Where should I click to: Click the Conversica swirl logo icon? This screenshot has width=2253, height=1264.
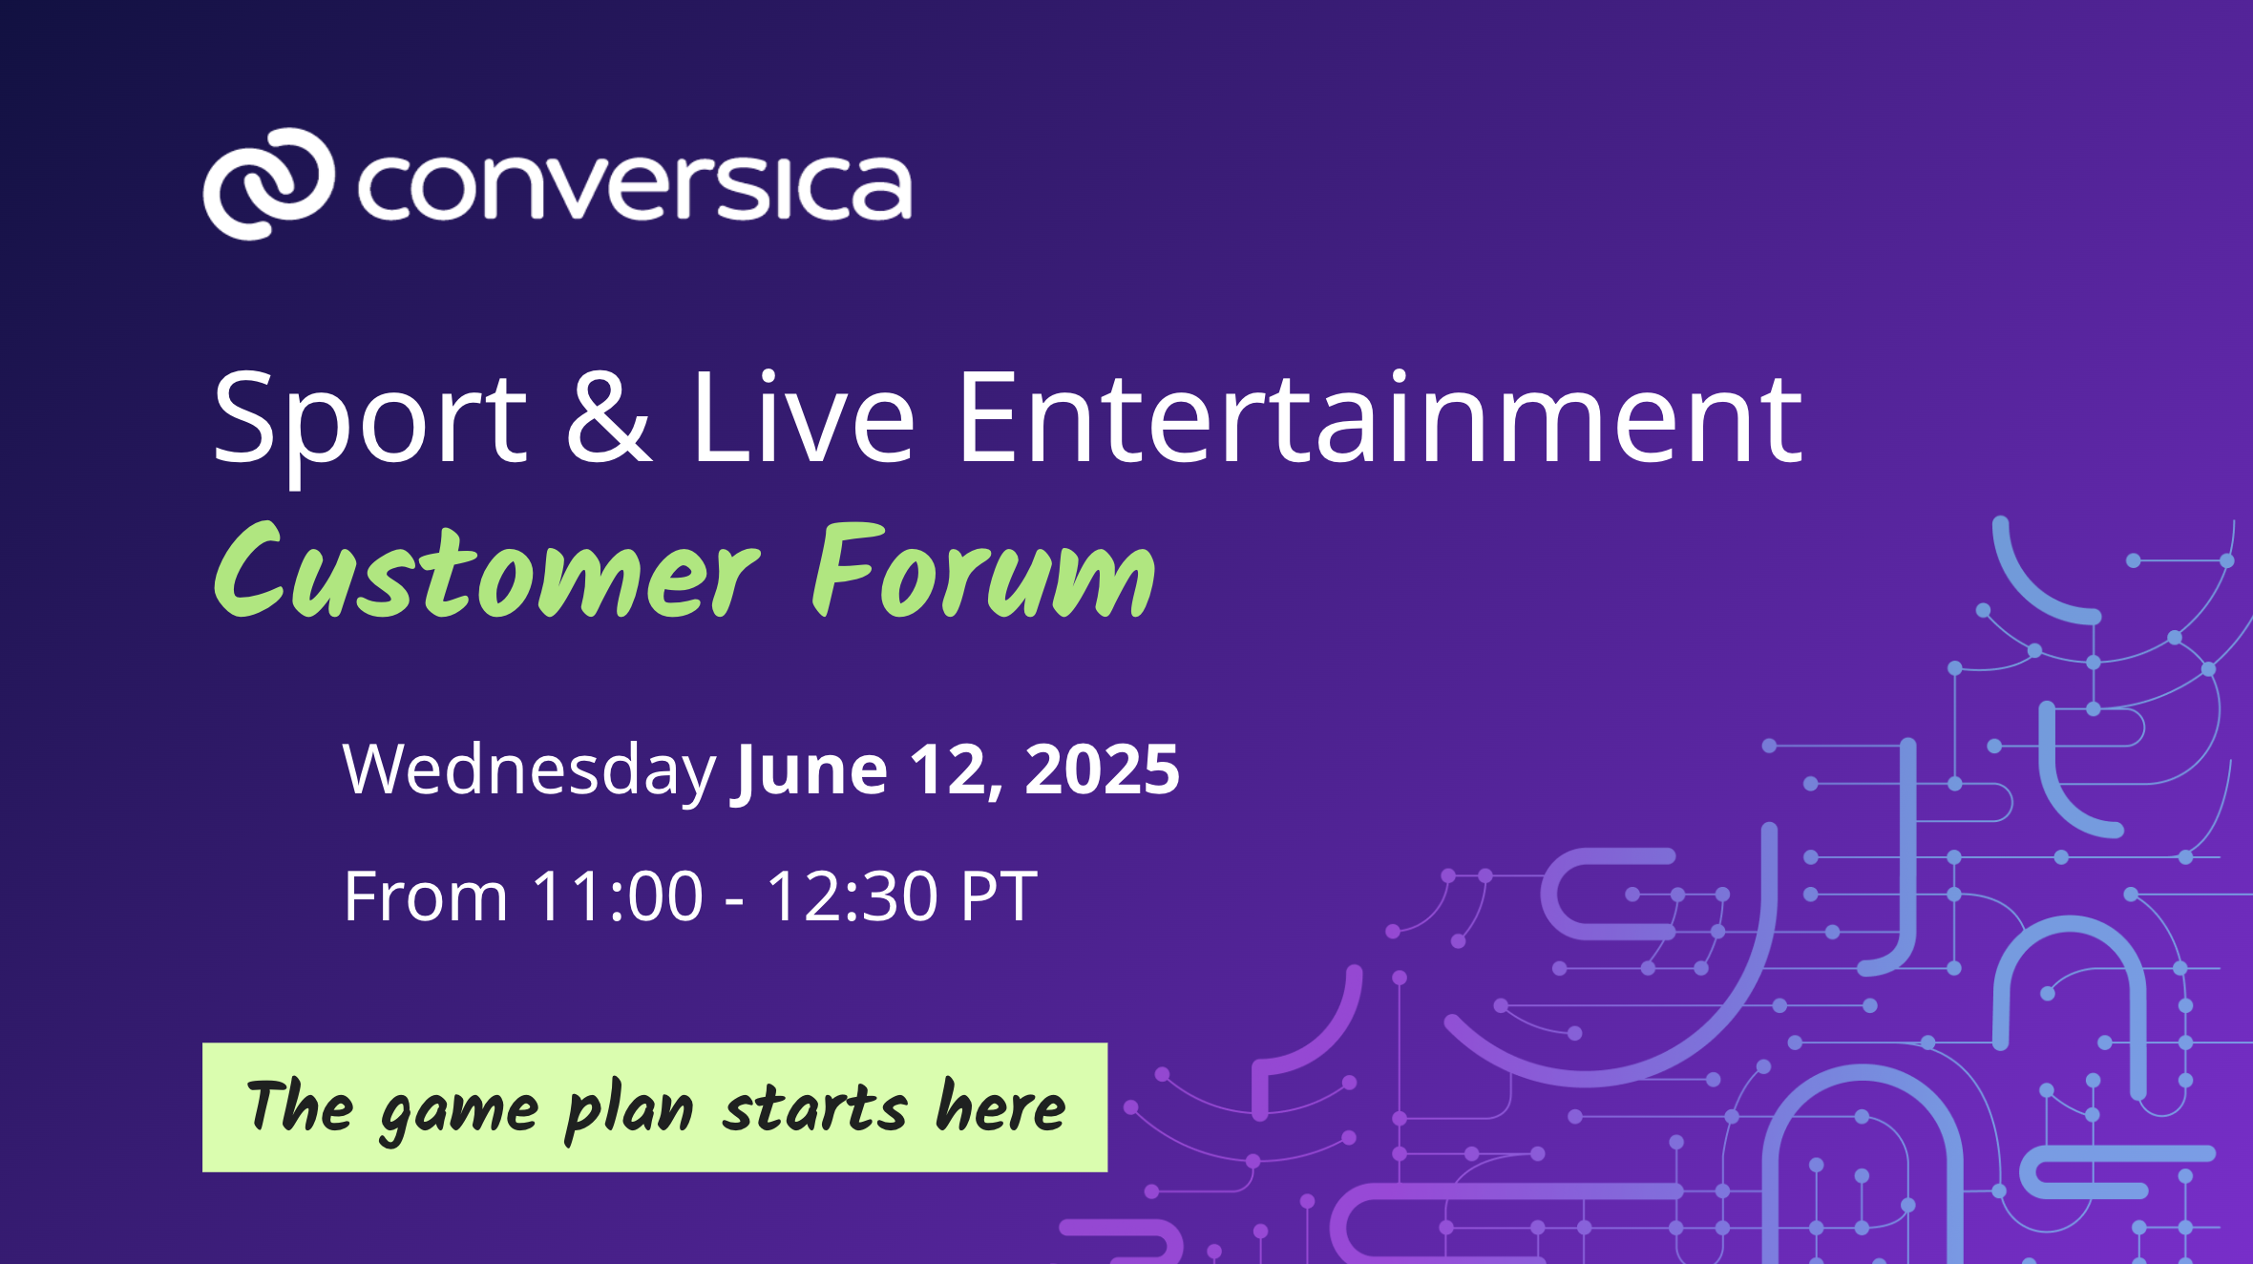[x=268, y=183]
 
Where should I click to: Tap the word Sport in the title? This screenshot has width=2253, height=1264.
[x=369, y=420]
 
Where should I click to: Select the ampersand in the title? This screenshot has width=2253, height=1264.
[x=609, y=416]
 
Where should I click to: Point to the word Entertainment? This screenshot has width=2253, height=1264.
[x=1379, y=416]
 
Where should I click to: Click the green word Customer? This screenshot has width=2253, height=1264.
[x=487, y=571]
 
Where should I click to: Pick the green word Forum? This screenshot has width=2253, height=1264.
[x=983, y=571]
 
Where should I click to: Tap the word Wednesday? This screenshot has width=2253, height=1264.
[x=529, y=769]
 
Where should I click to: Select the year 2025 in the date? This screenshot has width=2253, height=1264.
[x=1102, y=769]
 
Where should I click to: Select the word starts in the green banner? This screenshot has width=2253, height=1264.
[x=814, y=1107]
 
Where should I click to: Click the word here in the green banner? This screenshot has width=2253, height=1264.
[x=1000, y=1106]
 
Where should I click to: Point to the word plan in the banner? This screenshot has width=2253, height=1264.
[x=629, y=1110]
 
